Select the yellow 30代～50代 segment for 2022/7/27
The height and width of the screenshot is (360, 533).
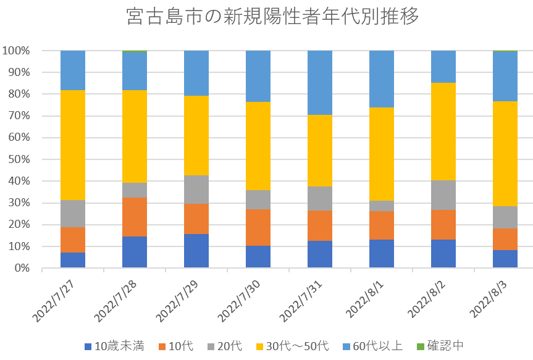[73, 145]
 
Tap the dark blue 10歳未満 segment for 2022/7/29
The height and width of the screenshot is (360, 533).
[196, 251]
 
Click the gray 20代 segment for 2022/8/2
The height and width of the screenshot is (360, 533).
[443, 195]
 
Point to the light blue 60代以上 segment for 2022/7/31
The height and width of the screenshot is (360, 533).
[320, 83]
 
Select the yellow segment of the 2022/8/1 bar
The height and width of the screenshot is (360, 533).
[382, 154]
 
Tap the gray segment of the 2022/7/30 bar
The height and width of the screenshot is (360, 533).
[258, 199]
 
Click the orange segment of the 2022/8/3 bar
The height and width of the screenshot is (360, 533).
[505, 239]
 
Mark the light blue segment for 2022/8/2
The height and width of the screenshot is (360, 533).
[443, 67]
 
